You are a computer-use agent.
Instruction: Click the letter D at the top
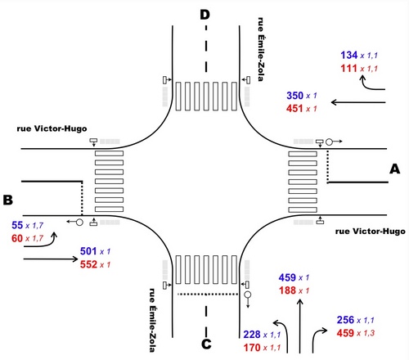[x=204, y=15]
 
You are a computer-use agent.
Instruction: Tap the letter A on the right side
[x=394, y=169]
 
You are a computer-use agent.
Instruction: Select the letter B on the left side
[x=8, y=200]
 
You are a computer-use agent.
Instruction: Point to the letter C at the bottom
[x=206, y=344]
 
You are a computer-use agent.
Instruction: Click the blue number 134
[x=349, y=55]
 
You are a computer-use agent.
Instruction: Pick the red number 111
[x=348, y=68]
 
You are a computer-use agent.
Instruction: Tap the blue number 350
[x=294, y=96]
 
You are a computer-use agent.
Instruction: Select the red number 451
[x=294, y=109]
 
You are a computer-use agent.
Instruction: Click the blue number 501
[x=88, y=251]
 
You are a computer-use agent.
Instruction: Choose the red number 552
[x=88, y=264]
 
